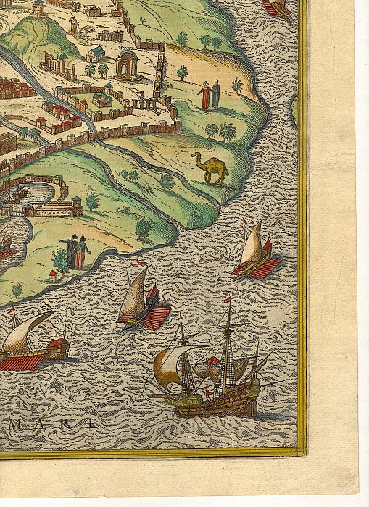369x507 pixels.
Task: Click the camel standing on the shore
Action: click(x=211, y=167)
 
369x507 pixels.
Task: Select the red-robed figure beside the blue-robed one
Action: click(x=204, y=96)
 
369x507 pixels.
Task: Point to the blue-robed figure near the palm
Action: click(x=215, y=94)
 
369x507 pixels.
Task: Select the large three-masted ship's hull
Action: click(x=210, y=404)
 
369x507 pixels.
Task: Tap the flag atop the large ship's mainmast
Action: click(x=228, y=298)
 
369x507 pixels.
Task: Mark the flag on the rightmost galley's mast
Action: click(x=245, y=221)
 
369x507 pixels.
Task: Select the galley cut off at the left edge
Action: click(x=33, y=340)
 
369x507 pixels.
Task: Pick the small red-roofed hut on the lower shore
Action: click(x=52, y=276)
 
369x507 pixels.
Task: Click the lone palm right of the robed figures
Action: click(x=236, y=85)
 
